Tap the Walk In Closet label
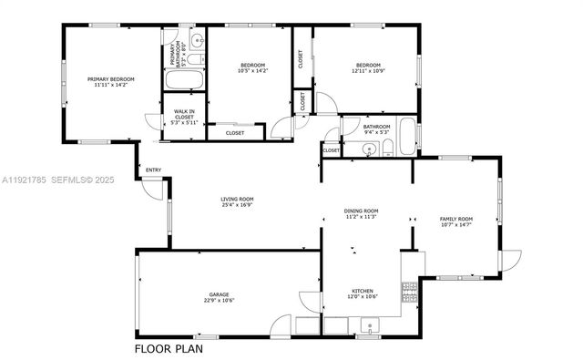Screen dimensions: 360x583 pyautogui.click(x=184, y=114)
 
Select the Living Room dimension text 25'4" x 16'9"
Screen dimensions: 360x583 pyautogui.click(x=236, y=206)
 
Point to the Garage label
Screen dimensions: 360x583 pyautogui.click(x=219, y=294)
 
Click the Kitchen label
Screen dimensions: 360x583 pyautogui.click(x=363, y=292)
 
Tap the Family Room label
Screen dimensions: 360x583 pyautogui.click(x=456, y=219)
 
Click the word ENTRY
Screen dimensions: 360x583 pyautogui.click(x=153, y=170)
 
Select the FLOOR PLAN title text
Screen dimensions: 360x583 pyautogui.click(x=169, y=348)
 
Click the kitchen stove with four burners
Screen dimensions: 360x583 pyautogui.click(x=410, y=293)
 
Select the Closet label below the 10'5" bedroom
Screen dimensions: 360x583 pyautogui.click(x=234, y=133)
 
